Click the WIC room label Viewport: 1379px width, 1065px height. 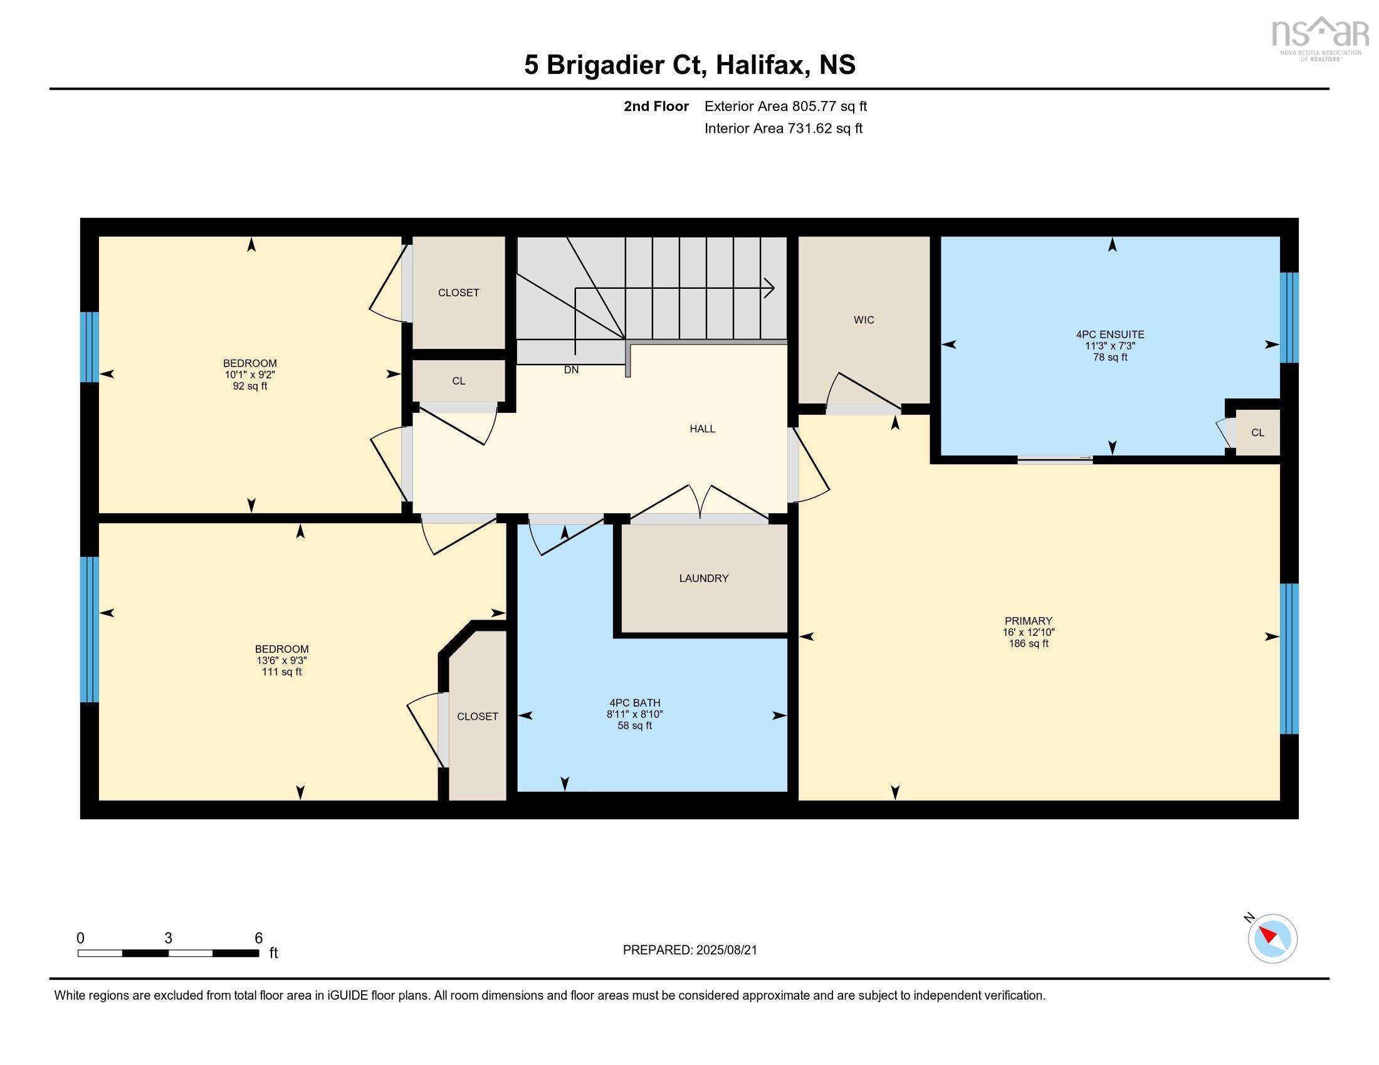point(863,320)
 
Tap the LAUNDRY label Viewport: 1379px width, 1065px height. point(703,578)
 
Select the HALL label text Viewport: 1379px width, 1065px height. point(702,429)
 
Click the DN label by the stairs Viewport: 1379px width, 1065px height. point(571,370)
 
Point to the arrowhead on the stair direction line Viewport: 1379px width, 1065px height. point(770,288)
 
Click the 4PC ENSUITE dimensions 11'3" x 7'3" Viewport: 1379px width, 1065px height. point(1109,346)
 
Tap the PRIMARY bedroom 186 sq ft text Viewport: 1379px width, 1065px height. point(1028,643)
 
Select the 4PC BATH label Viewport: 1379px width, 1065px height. point(634,702)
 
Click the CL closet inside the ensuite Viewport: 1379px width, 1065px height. point(1257,432)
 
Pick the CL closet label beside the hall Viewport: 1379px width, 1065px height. point(458,381)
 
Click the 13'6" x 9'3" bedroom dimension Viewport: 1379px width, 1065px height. point(281,660)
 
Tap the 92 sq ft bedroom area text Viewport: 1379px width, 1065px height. point(250,386)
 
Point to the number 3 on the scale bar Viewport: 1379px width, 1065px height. point(168,938)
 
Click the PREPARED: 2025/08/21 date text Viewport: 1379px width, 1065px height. point(689,950)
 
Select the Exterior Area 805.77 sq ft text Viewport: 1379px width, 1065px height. point(785,106)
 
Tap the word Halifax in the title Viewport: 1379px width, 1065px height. point(762,65)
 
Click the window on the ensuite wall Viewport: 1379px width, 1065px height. point(1288,318)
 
